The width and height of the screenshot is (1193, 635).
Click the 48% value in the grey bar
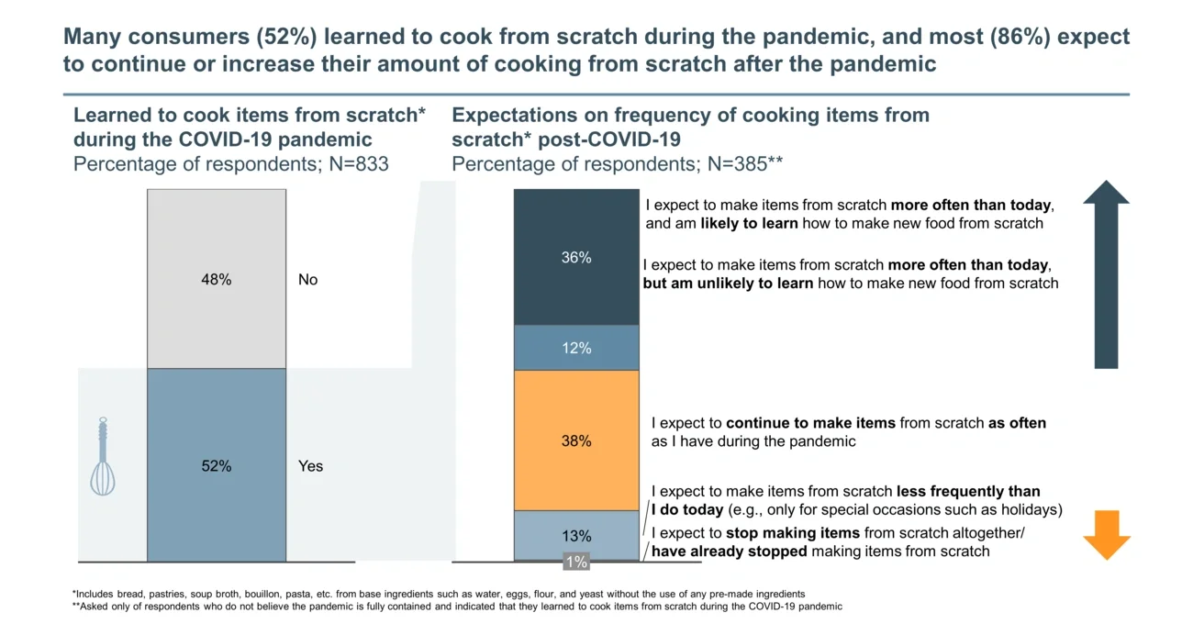coord(217,280)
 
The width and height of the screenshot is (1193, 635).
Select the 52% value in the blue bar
coord(217,466)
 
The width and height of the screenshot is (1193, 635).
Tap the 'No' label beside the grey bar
coord(307,280)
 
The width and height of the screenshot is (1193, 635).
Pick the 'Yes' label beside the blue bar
coord(310,466)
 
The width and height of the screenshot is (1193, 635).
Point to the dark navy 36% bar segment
coord(576,258)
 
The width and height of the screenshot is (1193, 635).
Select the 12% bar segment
coord(576,348)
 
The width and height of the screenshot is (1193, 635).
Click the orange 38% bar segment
coord(576,440)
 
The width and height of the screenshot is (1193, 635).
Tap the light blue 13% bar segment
coord(576,536)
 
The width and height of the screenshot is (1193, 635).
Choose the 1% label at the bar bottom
coord(576,562)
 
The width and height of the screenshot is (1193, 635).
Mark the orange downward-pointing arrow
coord(1106,535)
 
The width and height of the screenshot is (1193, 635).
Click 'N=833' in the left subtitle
coord(359,164)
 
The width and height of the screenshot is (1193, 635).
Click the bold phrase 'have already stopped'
coord(729,551)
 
